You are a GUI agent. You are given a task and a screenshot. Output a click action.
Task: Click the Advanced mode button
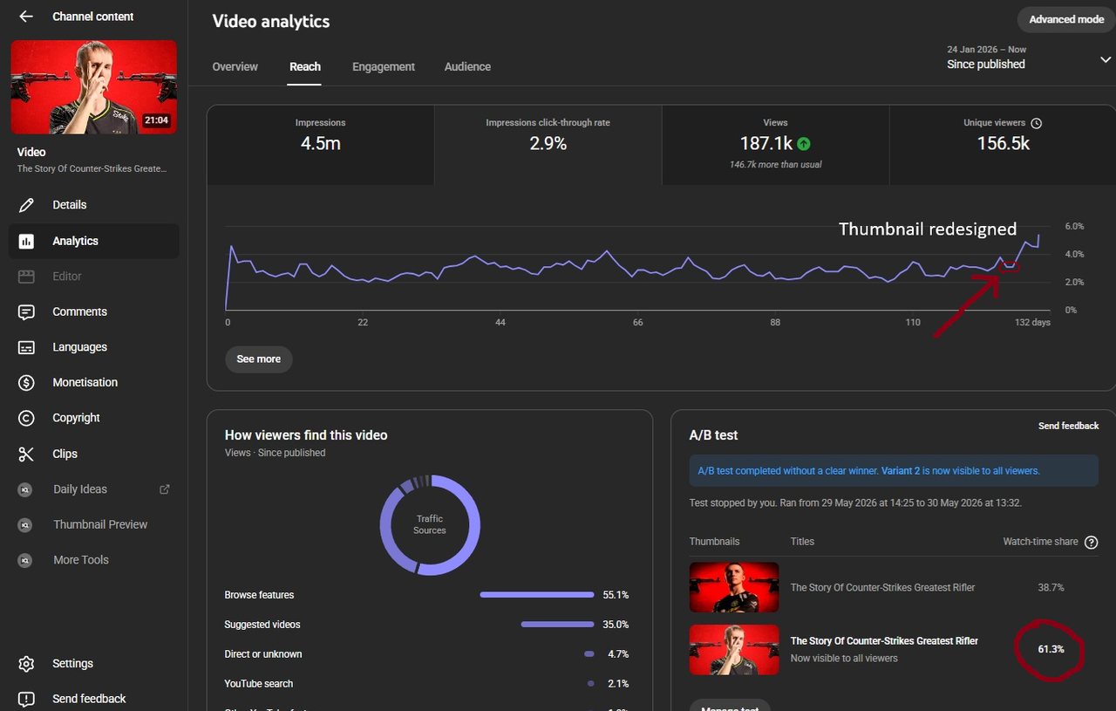1066,19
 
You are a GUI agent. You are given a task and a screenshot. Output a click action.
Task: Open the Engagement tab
383,67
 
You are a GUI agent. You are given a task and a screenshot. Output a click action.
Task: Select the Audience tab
467,67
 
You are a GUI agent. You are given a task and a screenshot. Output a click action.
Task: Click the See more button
259,359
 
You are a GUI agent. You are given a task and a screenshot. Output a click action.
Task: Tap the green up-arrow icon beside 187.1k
804,144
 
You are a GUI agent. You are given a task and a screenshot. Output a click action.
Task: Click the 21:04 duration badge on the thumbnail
156,120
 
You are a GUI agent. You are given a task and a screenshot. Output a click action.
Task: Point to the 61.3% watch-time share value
1051,649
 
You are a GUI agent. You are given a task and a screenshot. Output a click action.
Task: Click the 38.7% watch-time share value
1051,587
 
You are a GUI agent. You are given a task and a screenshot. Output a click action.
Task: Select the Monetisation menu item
85,382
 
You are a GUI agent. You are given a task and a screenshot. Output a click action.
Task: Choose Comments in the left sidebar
79,311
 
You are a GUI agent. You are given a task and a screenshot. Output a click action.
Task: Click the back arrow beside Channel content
26,17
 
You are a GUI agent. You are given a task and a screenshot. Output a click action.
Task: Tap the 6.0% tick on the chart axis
1074,226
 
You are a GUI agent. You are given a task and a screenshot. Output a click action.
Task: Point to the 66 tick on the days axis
637,323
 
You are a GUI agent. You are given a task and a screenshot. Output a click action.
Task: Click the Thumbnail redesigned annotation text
927,229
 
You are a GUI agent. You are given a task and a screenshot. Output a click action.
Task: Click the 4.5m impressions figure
320,144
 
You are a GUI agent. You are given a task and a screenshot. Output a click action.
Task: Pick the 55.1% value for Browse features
616,595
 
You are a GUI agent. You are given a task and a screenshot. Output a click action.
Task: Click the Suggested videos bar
557,625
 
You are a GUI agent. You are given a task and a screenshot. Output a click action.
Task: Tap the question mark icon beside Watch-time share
1091,542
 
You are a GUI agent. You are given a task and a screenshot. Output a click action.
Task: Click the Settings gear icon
26,664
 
